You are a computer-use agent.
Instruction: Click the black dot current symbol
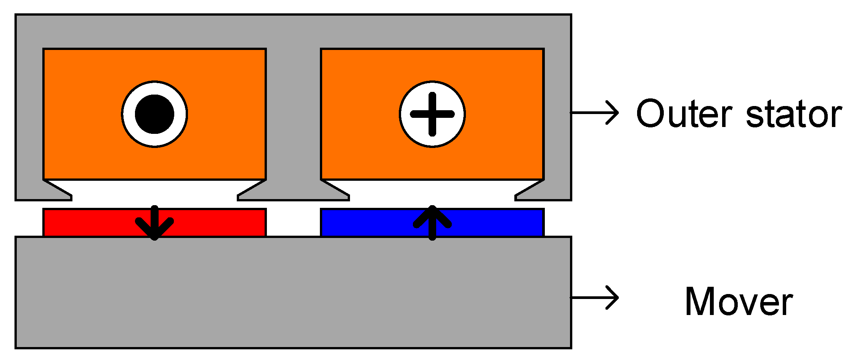[154, 114]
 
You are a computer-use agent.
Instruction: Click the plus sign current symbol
[432, 114]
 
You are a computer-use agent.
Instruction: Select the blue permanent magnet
[496, 223]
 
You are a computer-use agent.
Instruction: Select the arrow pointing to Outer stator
[595, 113]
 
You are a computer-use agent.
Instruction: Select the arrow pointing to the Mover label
[595, 297]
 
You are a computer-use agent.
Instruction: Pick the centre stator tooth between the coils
[293, 114]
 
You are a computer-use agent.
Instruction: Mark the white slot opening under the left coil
[154, 191]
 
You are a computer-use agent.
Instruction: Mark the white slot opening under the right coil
[432, 191]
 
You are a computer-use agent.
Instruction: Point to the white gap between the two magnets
[293, 223]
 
